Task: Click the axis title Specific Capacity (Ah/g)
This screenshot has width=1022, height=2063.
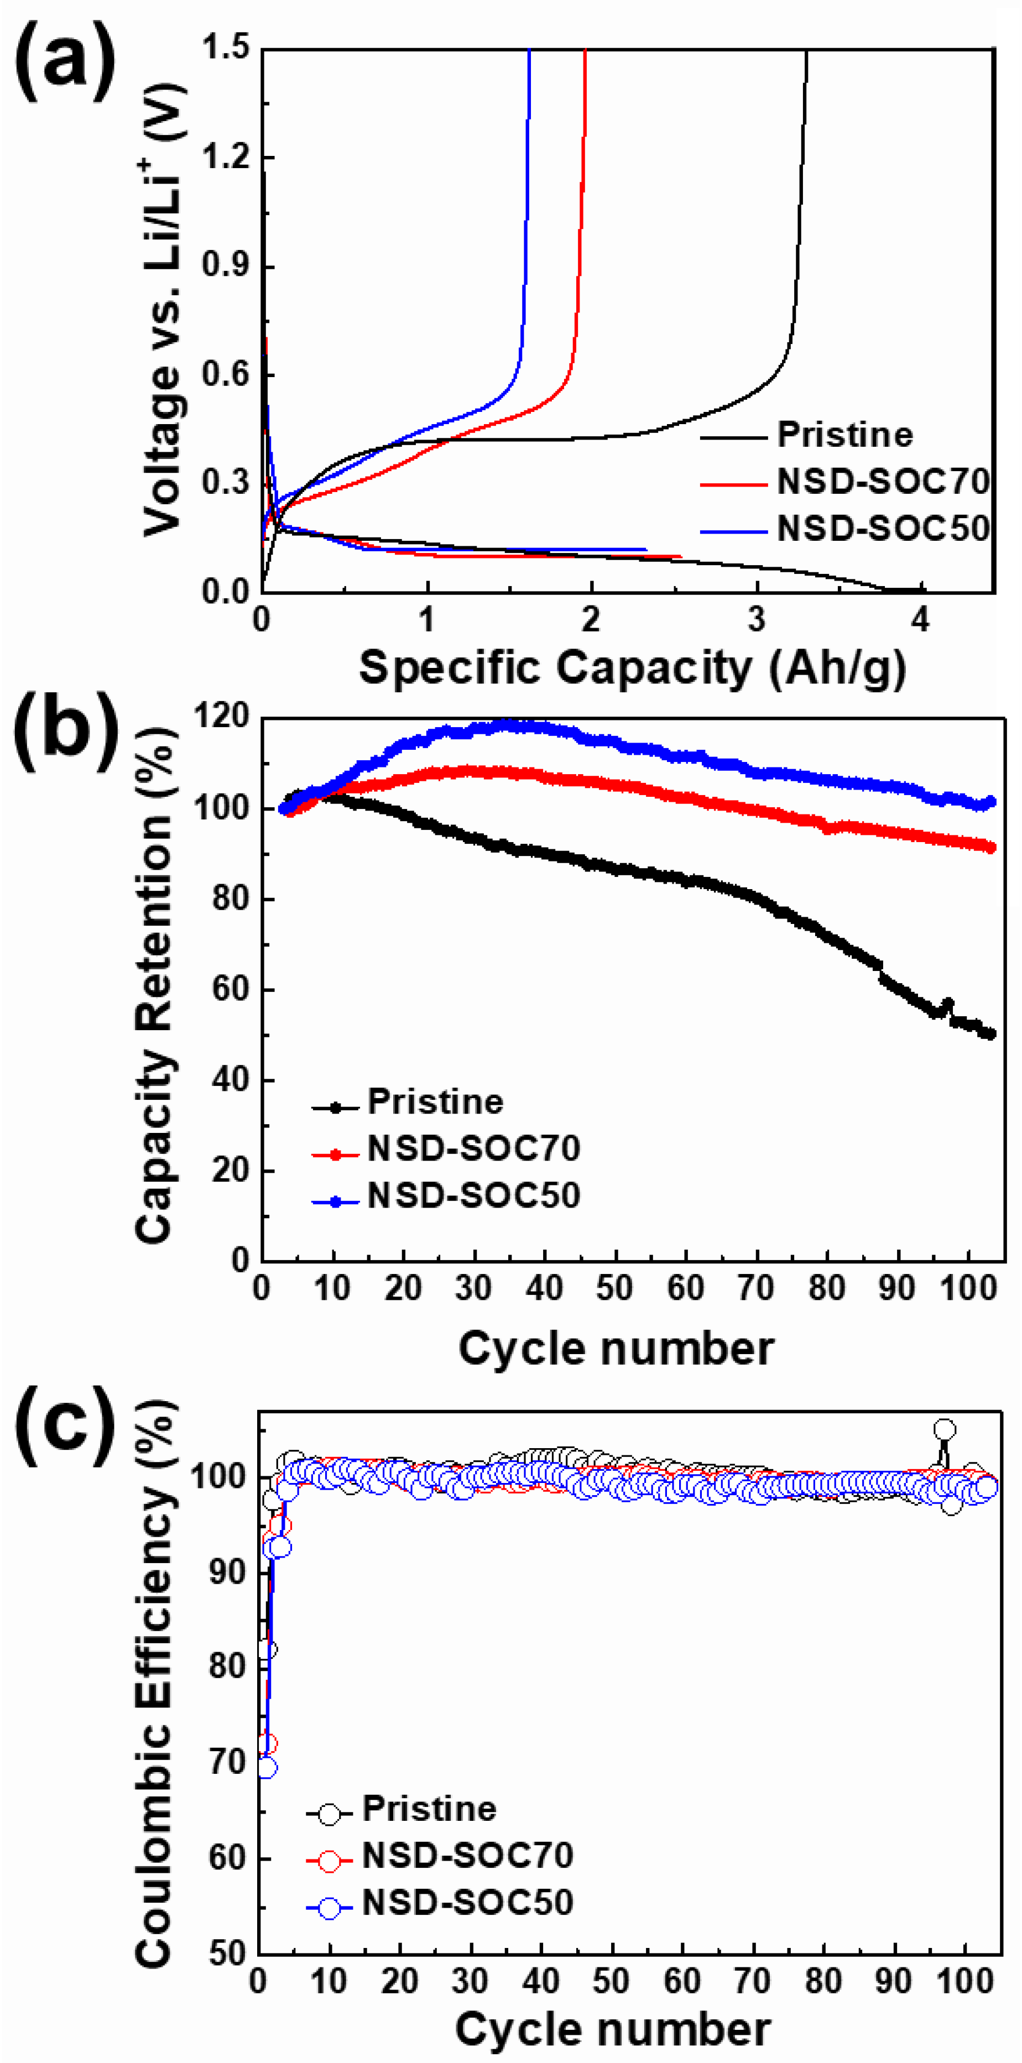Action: [x=633, y=667]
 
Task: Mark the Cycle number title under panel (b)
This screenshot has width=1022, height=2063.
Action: [x=615, y=1349]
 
